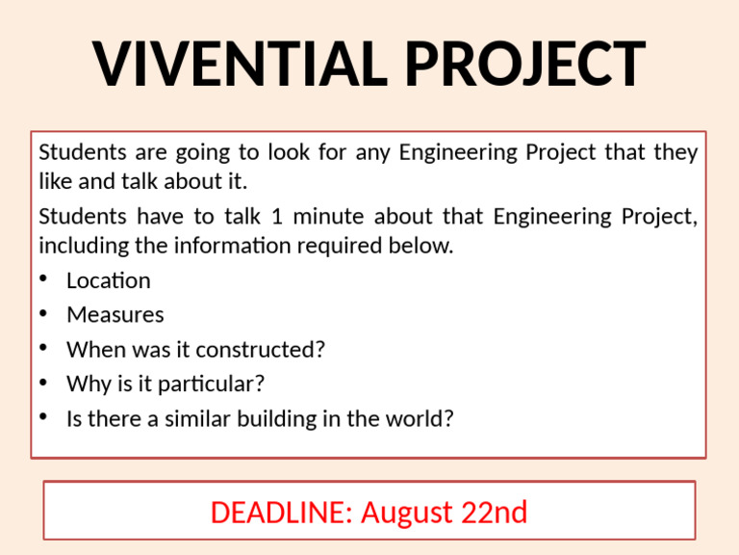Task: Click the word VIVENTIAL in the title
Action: [x=241, y=64]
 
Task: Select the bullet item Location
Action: [x=108, y=280]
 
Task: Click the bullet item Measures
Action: [x=115, y=315]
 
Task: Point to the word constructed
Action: [x=264, y=350]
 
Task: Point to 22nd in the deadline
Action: [x=494, y=512]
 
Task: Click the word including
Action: [x=83, y=246]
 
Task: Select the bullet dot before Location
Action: [x=44, y=280]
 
